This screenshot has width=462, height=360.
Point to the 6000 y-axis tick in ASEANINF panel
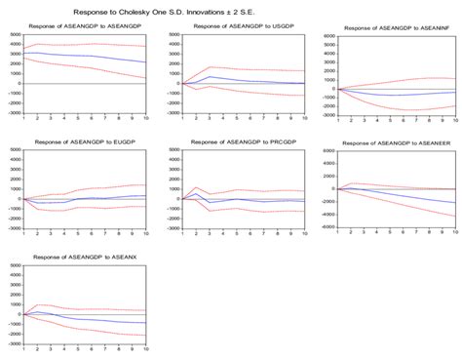coord(329,36)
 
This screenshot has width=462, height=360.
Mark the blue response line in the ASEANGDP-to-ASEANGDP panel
coord(88,54)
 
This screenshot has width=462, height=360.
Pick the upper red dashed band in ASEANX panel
coord(88,311)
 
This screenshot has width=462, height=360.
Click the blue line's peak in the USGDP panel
coord(210,76)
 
